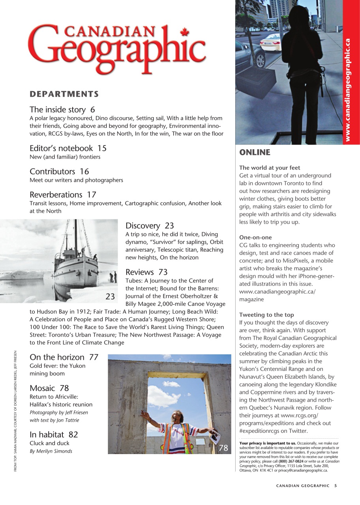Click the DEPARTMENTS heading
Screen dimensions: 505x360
click(x=64, y=94)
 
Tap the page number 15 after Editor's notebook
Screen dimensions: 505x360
click(x=102, y=148)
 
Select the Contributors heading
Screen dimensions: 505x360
click(x=52, y=171)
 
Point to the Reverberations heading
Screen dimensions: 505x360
click(x=56, y=195)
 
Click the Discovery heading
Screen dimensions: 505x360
click(x=143, y=226)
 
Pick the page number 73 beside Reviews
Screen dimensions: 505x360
click(x=163, y=272)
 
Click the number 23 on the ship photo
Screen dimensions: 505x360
click(x=110, y=296)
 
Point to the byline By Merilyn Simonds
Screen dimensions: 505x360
click(x=51, y=451)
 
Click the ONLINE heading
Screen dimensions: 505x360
click(x=255, y=152)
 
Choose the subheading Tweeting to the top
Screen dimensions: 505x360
click(x=266, y=315)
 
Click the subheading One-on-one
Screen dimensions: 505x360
click(x=255, y=238)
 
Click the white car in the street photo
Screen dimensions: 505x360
click(x=270, y=41)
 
